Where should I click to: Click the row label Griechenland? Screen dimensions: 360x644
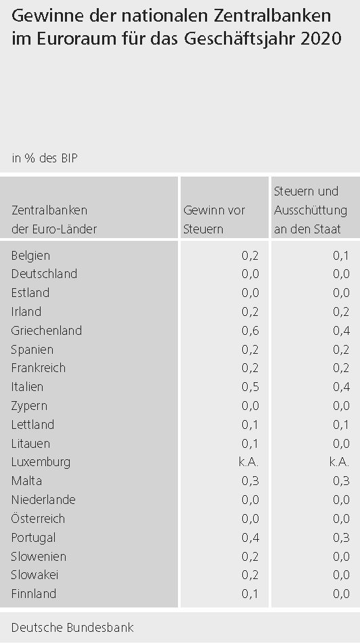pyautogui.click(x=47, y=331)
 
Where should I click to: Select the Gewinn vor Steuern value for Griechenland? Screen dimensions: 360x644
pyautogui.click(x=250, y=331)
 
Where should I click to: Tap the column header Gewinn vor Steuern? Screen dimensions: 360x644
pyautogui.click(x=214, y=219)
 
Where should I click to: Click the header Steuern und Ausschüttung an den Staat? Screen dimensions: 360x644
pyautogui.click(x=311, y=210)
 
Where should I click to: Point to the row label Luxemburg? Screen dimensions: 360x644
pyautogui.click(x=41, y=462)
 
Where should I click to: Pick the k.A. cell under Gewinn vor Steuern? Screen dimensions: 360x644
pyautogui.click(x=248, y=462)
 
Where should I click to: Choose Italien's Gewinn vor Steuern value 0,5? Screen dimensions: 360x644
pyautogui.click(x=250, y=387)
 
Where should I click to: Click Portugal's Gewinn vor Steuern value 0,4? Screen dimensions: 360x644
pyautogui.click(x=250, y=538)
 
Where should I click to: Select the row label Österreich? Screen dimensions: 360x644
pyautogui.click(x=38, y=518)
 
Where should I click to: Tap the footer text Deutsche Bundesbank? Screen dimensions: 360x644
pyautogui.click(x=72, y=628)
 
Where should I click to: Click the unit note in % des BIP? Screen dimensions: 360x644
pyautogui.click(x=45, y=158)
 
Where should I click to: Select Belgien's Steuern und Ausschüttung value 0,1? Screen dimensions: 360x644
pyautogui.click(x=341, y=256)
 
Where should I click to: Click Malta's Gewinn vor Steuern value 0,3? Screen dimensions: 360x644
pyautogui.click(x=250, y=481)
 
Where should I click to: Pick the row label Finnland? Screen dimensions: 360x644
pyautogui.click(x=34, y=593)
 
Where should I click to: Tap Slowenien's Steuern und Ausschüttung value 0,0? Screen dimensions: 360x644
pyautogui.click(x=341, y=557)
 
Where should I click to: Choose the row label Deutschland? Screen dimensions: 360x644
pyautogui.click(x=45, y=274)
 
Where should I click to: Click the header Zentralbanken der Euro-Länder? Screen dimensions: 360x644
pyautogui.click(x=54, y=219)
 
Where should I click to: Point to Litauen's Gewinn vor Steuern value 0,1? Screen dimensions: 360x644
pyautogui.click(x=250, y=444)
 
